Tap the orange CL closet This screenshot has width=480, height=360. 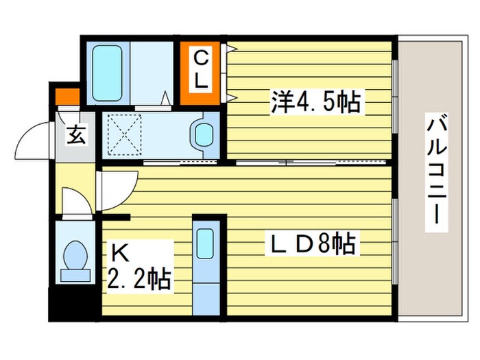[200, 73]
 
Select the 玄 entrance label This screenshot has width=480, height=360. [76, 136]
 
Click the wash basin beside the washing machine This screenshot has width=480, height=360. [204, 133]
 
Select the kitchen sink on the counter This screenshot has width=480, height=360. [205, 243]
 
